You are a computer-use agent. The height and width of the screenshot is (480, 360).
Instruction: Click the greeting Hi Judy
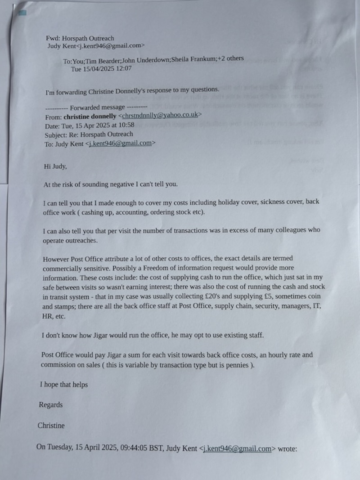tap(55, 166)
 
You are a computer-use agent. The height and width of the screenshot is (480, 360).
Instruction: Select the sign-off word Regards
tap(50, 404)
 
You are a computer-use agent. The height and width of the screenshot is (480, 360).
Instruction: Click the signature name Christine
tap(51, 425)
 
